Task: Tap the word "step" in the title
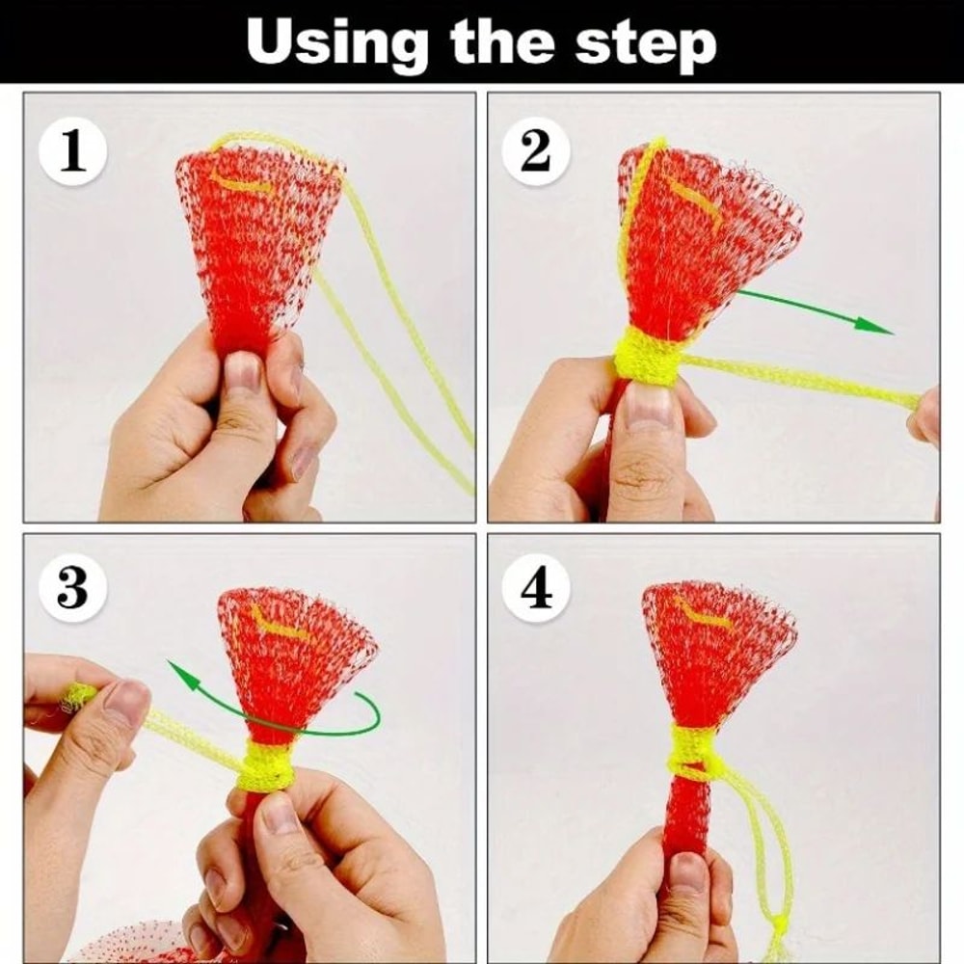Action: [648, 43]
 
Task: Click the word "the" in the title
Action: [501, 43]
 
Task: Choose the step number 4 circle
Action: [536, 588]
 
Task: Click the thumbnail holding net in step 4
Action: [687, 873]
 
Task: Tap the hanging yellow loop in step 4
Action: [766, 848]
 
